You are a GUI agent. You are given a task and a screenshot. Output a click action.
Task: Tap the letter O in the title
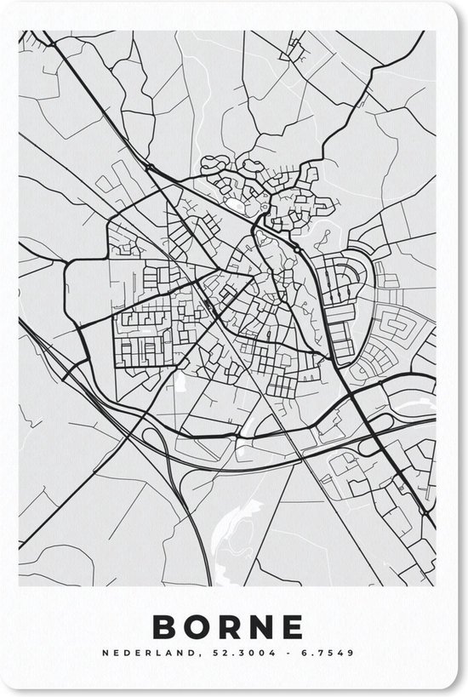(200, 627)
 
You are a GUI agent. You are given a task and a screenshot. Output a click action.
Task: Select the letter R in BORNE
(234, 627)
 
